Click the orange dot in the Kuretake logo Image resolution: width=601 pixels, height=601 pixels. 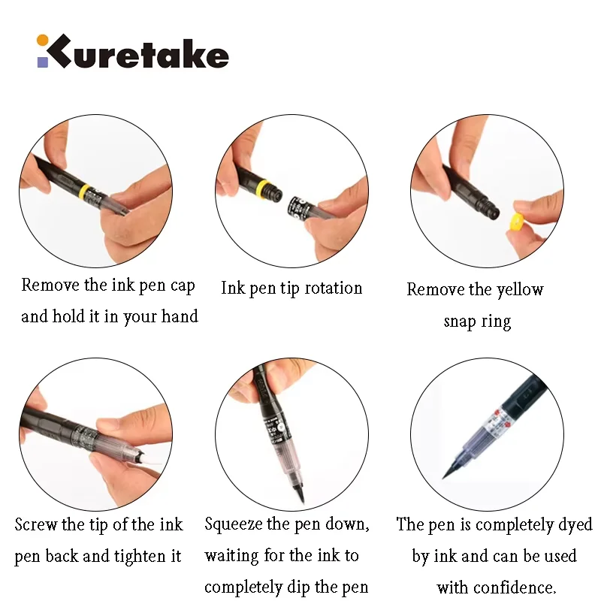42,41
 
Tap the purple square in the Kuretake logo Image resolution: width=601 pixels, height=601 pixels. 43,62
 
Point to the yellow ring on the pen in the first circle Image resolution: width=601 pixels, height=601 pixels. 85,191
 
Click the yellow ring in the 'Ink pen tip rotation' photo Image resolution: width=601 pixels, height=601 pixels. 262,187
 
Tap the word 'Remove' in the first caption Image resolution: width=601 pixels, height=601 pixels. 50,285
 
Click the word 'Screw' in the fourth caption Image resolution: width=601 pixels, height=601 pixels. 35,524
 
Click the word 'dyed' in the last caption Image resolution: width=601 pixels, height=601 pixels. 575,524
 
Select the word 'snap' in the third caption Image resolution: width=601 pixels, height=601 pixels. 459,322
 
